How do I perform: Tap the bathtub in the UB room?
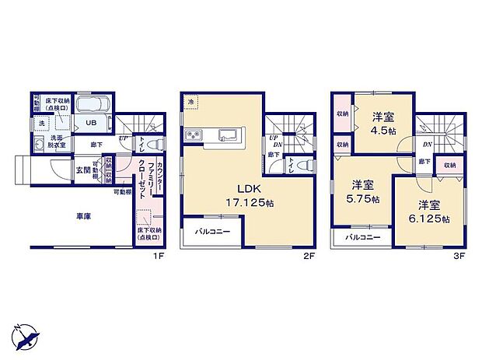[98, 107]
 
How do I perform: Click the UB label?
[90, 123]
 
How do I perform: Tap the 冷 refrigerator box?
[191, 101]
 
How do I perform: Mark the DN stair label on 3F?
[427, 145]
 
